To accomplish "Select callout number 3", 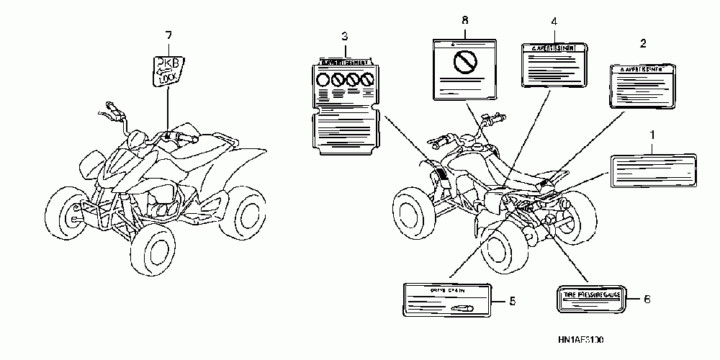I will [x=345, y=35].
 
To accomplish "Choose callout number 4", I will [x=553, y=22].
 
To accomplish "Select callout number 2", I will [x=643, y=44].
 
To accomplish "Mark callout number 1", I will [x=652, y=134].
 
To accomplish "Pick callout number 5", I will [x=511, y=301].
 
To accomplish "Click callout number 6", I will [x=646, y=300].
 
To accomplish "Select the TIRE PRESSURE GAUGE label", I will [x=592, y=300].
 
